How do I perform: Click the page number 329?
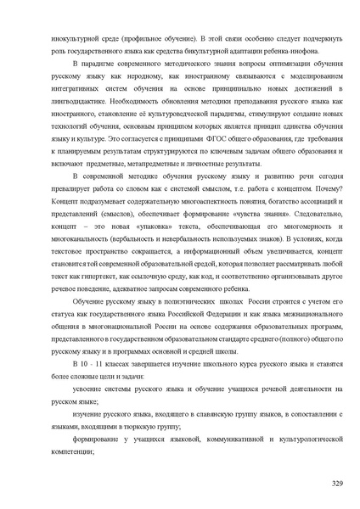click(336, 483)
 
